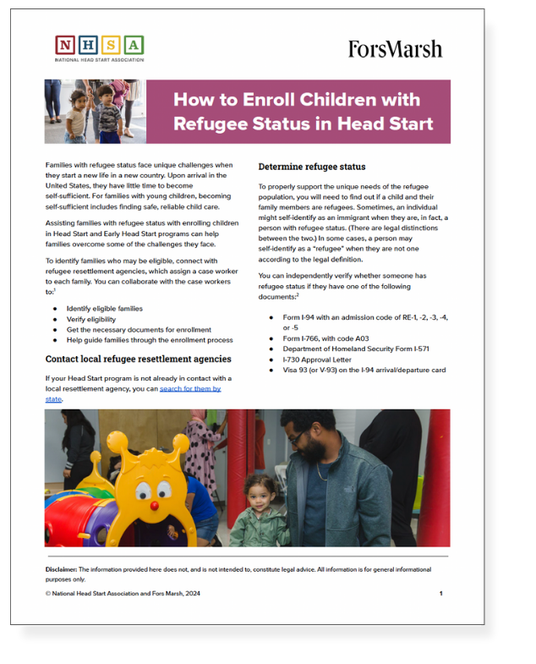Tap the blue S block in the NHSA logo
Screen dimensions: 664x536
pos(112,45)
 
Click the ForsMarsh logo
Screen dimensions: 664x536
pos(395,49)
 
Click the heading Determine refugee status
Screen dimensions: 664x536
pos(312,167)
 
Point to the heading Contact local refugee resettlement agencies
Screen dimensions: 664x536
pos(139,359)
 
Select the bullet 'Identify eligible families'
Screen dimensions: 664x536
pos(105,309)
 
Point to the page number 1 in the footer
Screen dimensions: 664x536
pos(440,594)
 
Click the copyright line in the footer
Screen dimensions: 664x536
pos(123,594)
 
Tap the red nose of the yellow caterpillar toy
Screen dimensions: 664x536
pos(155,505)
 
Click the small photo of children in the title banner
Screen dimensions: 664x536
pos(95,112)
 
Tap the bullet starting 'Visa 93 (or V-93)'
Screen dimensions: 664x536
pos(364,370)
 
